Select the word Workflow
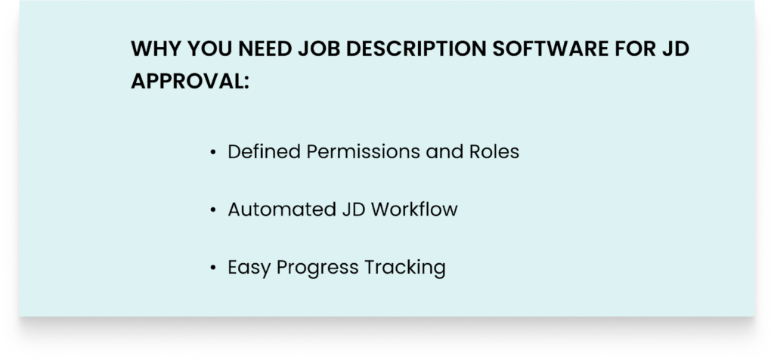pyautogui.click(x=415, y=209)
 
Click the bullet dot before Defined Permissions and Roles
pyautogui.click(x=213, y=153)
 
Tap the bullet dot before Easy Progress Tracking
pyautogui.click(x=213, y=268)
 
